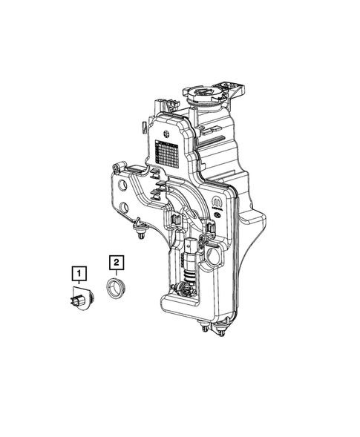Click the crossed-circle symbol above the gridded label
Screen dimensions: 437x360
point(168,134)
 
